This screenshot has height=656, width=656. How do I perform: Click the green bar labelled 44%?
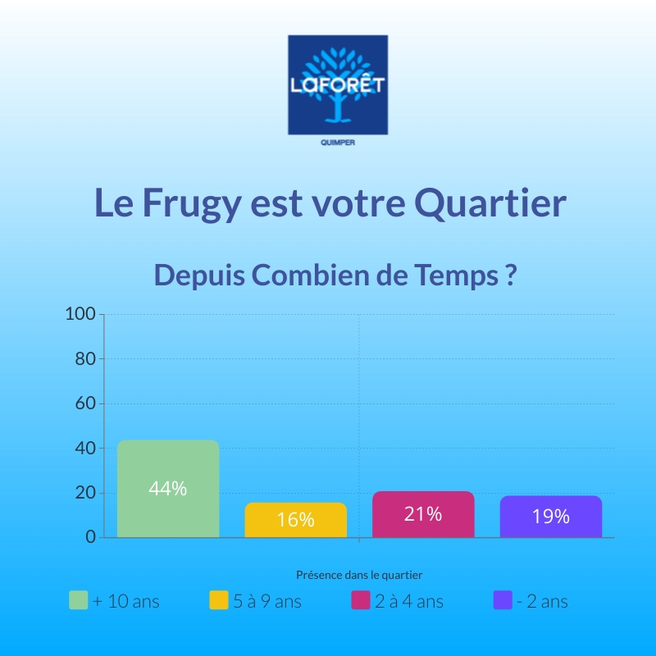pos(168,489)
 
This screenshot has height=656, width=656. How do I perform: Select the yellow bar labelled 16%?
pos(295,520)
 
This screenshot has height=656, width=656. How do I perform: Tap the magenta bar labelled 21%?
pos(423,514)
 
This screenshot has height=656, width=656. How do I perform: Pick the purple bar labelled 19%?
pos(550,517)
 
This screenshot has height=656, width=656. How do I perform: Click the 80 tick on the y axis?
pos(85,359)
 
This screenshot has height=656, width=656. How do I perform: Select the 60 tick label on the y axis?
pos(85,403)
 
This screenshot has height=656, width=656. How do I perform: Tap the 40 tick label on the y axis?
pos(85,449)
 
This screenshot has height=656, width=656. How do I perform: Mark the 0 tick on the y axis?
pos(90,537)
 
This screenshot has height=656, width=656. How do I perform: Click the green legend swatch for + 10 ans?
pos(79,600)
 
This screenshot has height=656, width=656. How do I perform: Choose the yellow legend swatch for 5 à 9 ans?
pos(219,600)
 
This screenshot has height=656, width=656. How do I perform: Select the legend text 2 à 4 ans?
pos(408,601)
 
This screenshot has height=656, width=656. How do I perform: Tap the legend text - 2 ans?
pos(542,601)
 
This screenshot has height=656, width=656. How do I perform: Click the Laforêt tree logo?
pos(337,84)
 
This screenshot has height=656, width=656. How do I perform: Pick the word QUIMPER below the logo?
pos(337,142)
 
